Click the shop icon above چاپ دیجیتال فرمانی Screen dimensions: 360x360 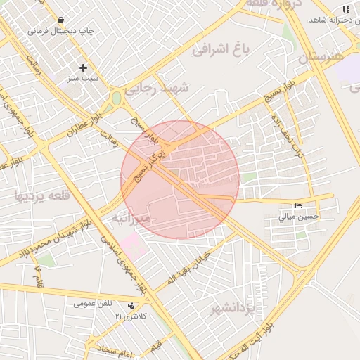pyautogui.click(x=63, y=20)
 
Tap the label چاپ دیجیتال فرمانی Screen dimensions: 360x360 pyautogui.click(x=62, y=32)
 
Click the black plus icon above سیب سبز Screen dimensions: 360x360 pyautogui.click(x=84, y=68)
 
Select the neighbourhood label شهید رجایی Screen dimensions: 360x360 pyautogui.click(x=157, y=89)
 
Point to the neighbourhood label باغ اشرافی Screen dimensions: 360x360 pyautogui.click(x=221, y=50)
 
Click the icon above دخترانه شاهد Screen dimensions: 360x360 pyautogui.click(x=345, y=9)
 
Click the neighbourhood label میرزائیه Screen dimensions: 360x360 pyautogui.click(x=131, y=219)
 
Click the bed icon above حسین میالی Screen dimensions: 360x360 pyautogui.click(x=299, y=206)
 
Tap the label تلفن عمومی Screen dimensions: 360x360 pyautogui.click(x=93, y=304)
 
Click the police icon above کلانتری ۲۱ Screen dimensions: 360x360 pyautogui.click(x=131, y=305)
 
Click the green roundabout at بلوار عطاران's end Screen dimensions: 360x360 pyautogui.click(x=116, y=99)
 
